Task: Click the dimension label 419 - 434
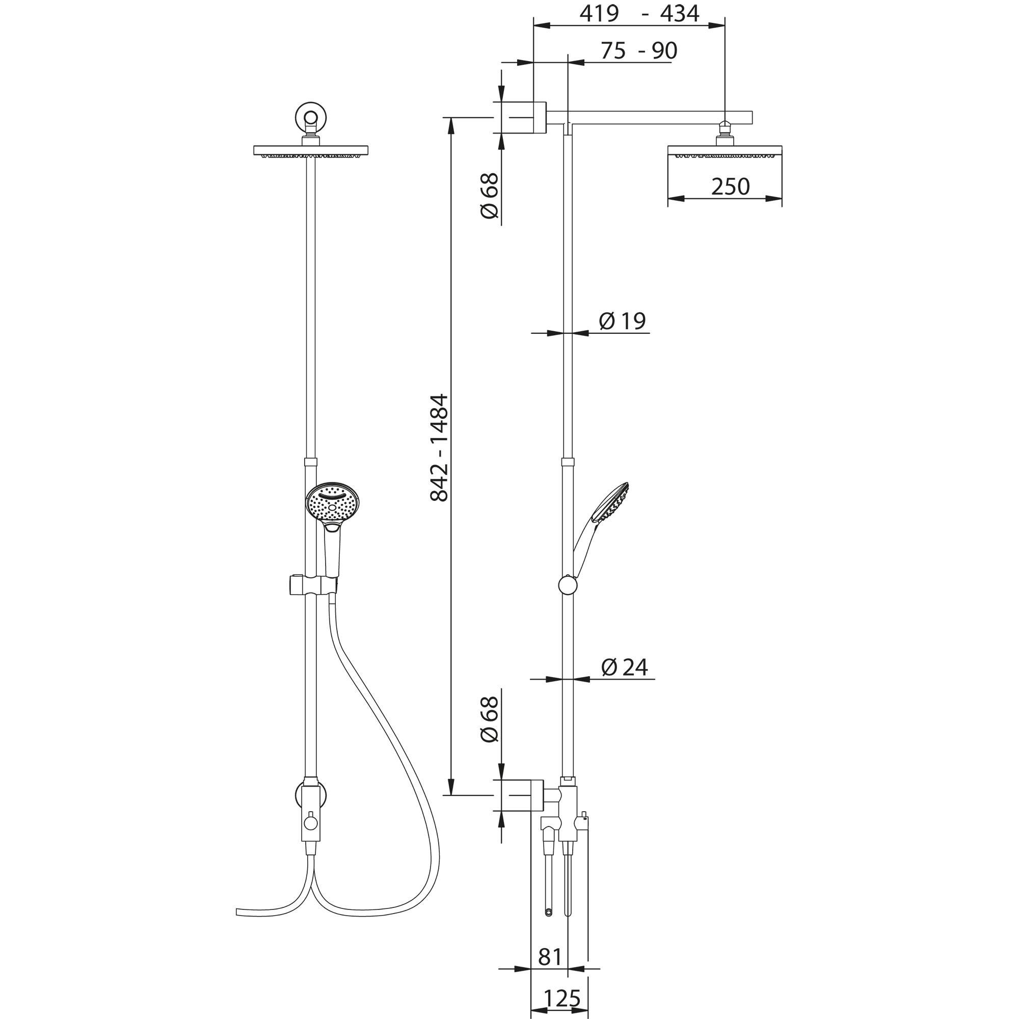[639, 14]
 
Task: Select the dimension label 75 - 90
[639, 50]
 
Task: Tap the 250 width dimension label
[730, 186]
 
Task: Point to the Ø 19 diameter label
[623, 320]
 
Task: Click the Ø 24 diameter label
[625, 667]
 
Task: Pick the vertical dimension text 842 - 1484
[439, 448]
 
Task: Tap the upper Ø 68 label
[490, 195]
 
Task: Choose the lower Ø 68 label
[490, 719]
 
